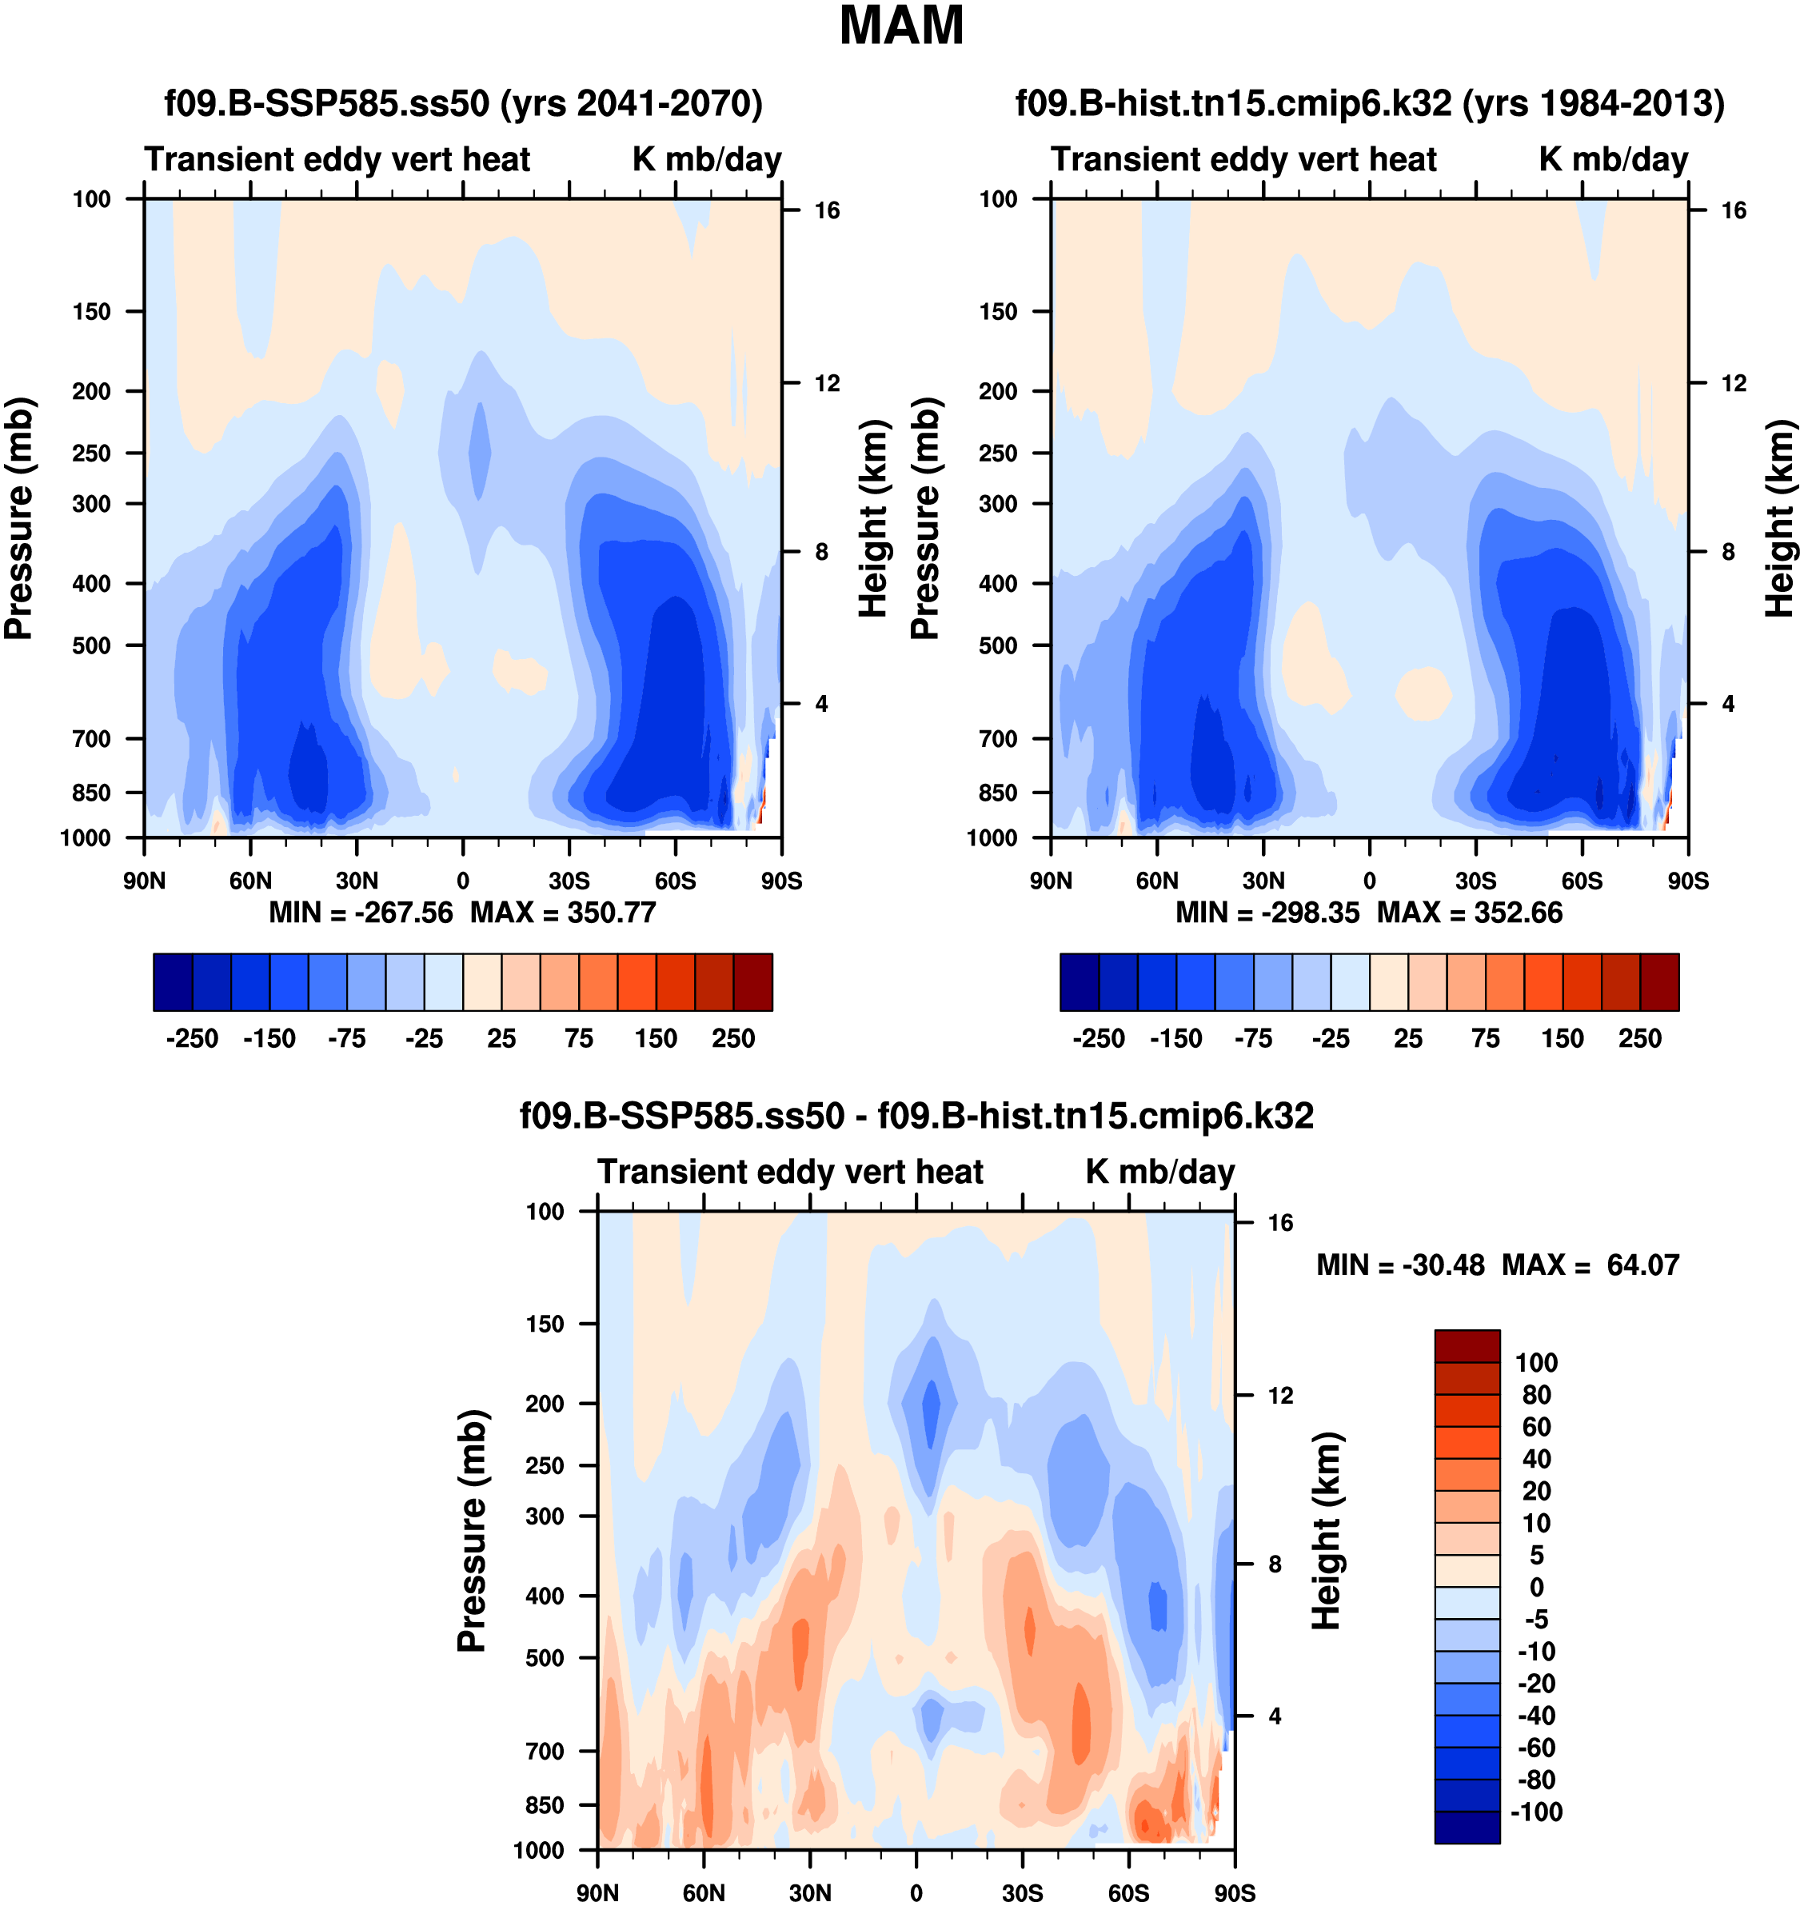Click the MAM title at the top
click(901, 26)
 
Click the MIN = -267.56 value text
click(361, 912)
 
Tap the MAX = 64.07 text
click(1590, 1265)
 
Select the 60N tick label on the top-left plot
click(250, 881)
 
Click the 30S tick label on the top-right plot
click(1475, 881)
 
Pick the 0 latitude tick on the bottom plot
click(916, 1892)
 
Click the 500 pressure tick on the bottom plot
click(545, 1658)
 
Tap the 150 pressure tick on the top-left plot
click(91, 312)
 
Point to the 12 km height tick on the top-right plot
click(1733, 384)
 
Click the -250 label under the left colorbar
click(193, 1039)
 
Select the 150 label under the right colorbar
click(1563, 1039)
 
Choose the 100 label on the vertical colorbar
click(1535, 1363)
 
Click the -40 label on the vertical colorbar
click(1535, 1716)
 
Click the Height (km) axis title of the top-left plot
click(872, 518)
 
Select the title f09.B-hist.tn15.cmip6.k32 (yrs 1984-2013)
click(1369, 103)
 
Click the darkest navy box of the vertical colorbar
click(1467, 1827)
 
